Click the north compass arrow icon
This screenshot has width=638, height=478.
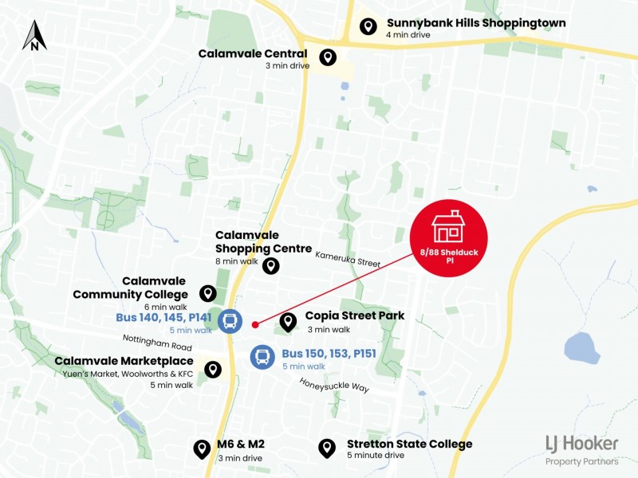34,36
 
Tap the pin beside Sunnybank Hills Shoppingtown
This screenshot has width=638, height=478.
368,27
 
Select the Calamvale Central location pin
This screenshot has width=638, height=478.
327,57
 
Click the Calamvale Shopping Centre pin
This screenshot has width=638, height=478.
271,266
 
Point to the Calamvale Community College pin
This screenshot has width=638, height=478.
207,294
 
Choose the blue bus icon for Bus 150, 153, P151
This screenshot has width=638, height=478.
263,357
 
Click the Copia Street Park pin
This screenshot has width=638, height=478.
288,322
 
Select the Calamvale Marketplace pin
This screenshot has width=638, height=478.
212,370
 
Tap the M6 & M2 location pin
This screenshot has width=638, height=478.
202,449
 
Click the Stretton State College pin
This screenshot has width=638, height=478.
326,449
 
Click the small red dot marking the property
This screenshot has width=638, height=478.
254,324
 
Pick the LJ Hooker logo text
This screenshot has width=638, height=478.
582,443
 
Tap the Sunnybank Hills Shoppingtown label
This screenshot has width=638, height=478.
476,23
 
